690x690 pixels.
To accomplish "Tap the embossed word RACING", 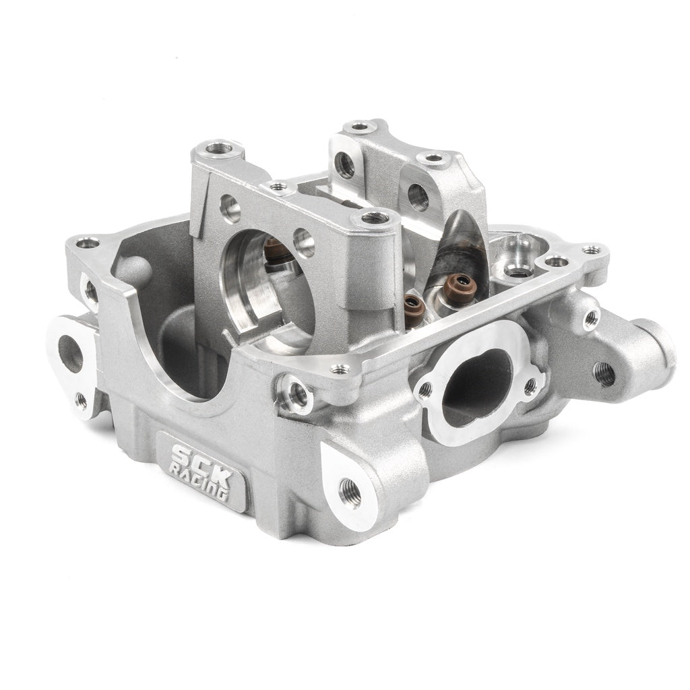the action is point(199,481).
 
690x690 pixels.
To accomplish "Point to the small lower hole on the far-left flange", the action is point(81,400).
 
